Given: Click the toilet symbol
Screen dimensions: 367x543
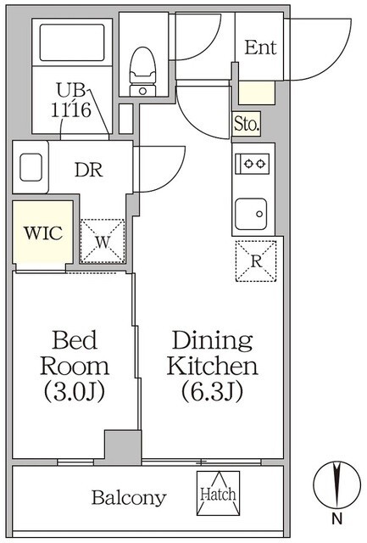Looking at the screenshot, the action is tap(142, 71).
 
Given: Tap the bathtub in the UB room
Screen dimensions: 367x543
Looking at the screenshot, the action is tap(72, 42).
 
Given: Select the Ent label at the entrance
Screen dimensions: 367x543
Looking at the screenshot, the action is tap(260, 48).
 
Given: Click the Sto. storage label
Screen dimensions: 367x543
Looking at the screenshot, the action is tap(247, 124).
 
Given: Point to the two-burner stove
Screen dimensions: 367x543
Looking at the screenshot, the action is tap(253, 164).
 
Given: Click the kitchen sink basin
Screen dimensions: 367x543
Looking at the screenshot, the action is tap(251, 214).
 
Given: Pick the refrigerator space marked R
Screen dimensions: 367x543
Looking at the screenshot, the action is tap(256, 261).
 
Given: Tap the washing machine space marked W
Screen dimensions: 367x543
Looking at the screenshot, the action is tap(103, 241).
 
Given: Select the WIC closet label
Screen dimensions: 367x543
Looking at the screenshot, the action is tap(43, 233).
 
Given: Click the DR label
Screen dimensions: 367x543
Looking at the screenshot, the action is tap(89, 170).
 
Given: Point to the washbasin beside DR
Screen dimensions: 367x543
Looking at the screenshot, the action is tap(31, 168).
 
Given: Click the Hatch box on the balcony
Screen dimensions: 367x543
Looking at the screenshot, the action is tap(219, 493).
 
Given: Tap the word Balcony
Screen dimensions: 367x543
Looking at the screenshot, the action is tap(129, 498).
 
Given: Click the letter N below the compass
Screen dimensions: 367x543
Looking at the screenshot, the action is tap(336, 518).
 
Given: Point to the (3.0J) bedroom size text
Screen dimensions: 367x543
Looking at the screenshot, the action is tap(75, 391).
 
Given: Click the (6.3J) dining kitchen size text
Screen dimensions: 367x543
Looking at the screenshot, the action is tap(212, 391).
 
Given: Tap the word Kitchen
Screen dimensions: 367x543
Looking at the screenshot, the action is tap(212, 366).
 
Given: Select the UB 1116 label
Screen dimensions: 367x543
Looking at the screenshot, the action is tap(71, 100).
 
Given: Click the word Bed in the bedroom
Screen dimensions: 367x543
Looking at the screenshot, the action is tap(75, 339).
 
